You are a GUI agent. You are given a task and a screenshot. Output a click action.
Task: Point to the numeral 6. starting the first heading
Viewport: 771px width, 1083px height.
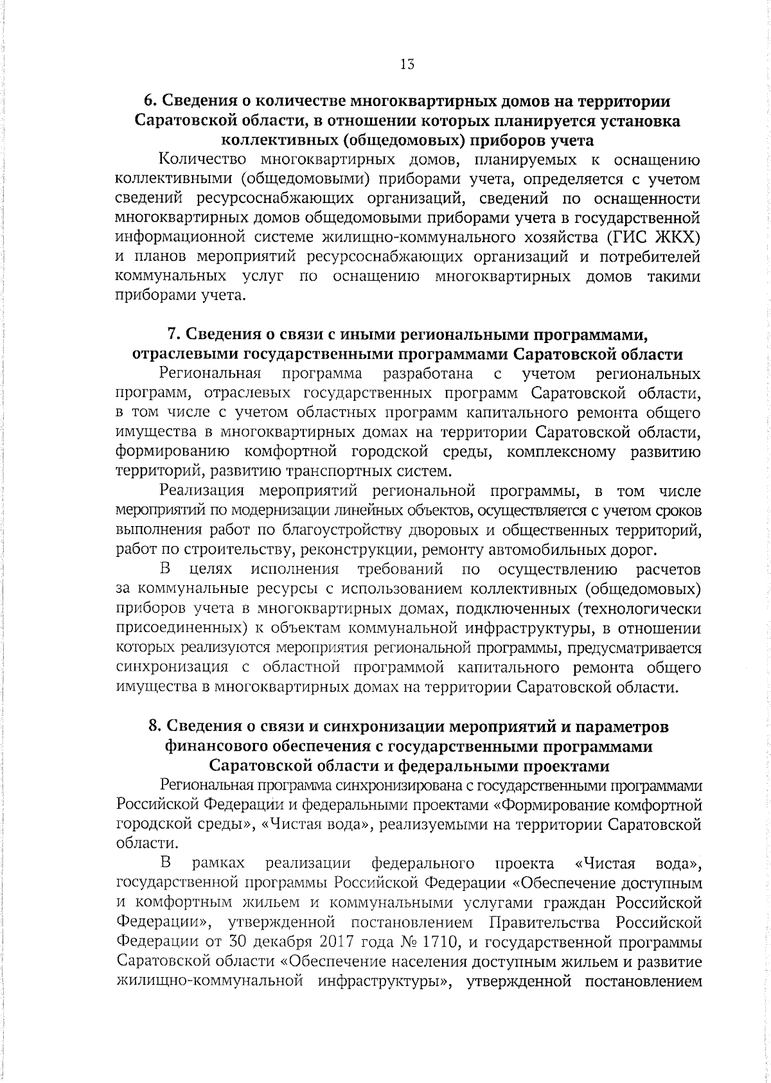point(148,101)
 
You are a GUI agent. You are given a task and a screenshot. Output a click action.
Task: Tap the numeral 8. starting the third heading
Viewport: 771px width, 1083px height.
point(154,726)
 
